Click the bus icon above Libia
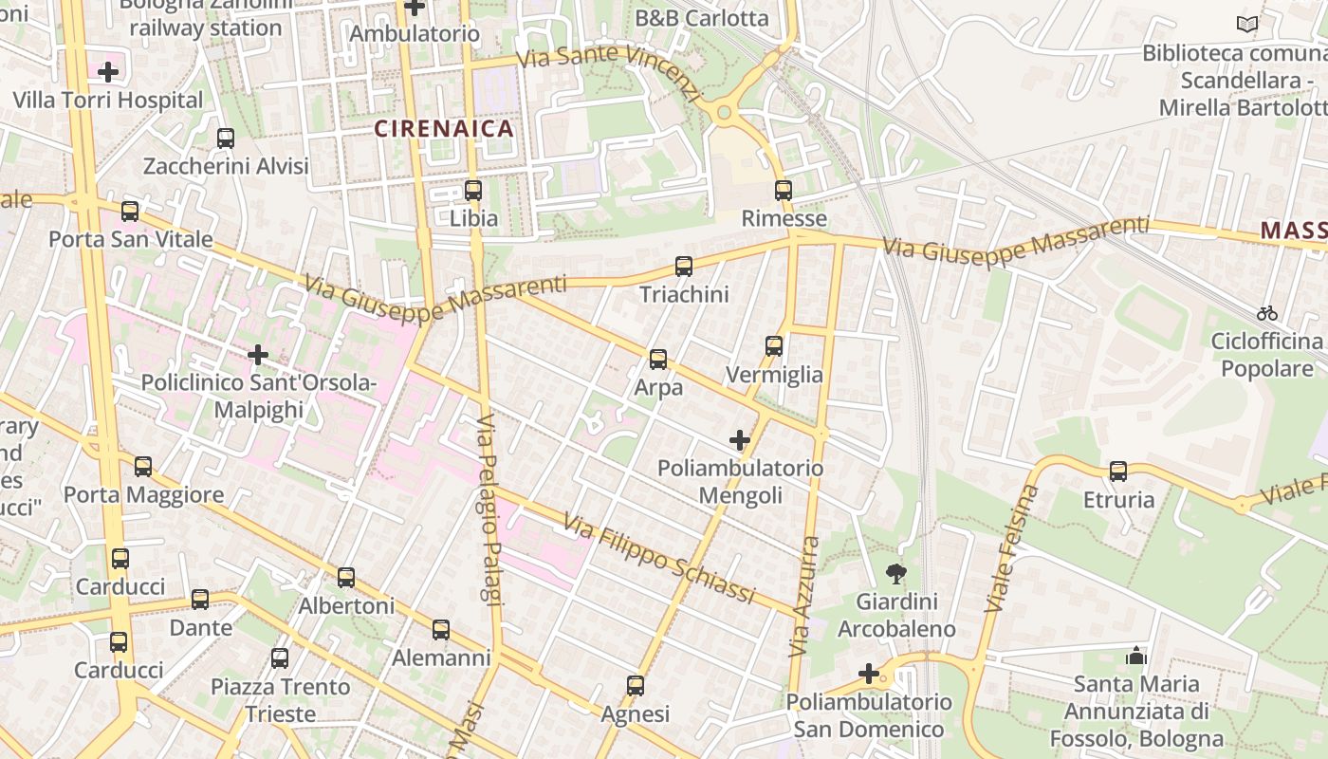click(x=473, y=190)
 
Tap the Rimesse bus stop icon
click(x=783, y=191)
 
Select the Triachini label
click(x=684, y=294)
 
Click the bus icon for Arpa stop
click(x=657, y=360)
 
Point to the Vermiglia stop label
click(x=774, y=375)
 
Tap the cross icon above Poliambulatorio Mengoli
click(x=740, y=440)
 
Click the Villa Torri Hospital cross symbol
click(x=108, y=71)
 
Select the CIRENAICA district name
click(x=444, y=128)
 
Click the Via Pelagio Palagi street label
click(x=488, y=509)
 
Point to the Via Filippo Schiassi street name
click(x=658, y=559)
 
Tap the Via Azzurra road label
click(x=803, y=598)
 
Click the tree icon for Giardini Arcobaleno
click(x=895, y=573)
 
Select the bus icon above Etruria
click(x=1118, y=471)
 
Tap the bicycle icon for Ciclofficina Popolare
click(x=1266, y=312)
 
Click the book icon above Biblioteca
click(x=1247, y=24)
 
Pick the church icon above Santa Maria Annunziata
click(x=1135, y=656)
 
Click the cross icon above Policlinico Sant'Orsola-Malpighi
click(x=258, y=355)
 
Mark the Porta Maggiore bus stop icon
click(x=143, y=467)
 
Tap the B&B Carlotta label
click(x=701, y=18)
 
